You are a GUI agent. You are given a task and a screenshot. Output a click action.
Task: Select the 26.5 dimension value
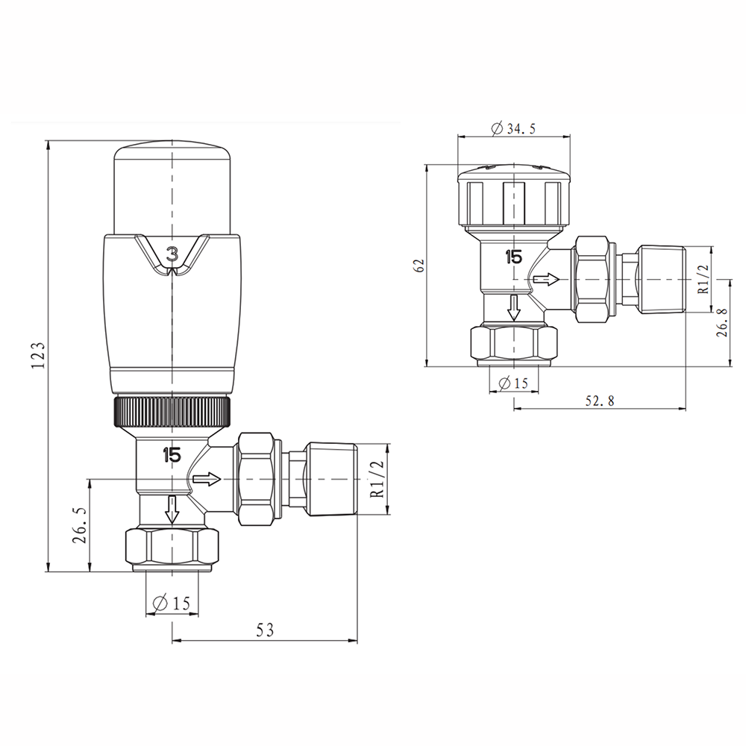[x=81, y=526]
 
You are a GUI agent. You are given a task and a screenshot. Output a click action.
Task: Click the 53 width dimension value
[x=265, y=630]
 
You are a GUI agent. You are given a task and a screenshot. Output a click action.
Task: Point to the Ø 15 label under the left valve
[x=172, y=604]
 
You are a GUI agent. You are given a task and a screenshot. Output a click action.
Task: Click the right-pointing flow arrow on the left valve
[x=207, y=478]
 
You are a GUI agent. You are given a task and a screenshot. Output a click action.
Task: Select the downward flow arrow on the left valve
[x=172, y=510]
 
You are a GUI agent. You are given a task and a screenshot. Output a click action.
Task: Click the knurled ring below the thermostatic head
[x=172, y=412]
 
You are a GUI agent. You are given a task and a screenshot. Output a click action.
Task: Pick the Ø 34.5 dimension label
[x=513, y=128]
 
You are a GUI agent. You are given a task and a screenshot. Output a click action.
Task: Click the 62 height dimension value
[x=419, y=266]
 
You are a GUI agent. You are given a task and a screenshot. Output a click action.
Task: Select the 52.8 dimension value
[x=599, y=401]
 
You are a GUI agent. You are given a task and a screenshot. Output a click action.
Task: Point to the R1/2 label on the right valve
[x=703, y=279]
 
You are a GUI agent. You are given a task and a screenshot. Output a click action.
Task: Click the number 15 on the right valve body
[x=513, y=257]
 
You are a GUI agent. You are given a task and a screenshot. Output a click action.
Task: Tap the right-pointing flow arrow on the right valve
[x=546, y=280]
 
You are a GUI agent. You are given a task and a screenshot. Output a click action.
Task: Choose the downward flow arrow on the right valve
[x=513, y=307]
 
